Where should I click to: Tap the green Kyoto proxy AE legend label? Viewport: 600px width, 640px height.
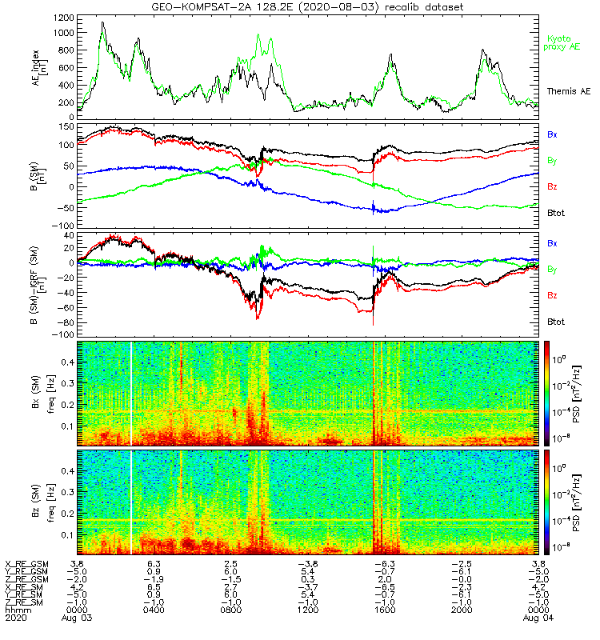563,42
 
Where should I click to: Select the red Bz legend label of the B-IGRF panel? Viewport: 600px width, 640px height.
553,295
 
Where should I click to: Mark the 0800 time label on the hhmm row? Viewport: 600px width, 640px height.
230,610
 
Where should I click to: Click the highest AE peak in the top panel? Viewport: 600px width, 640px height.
102,22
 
